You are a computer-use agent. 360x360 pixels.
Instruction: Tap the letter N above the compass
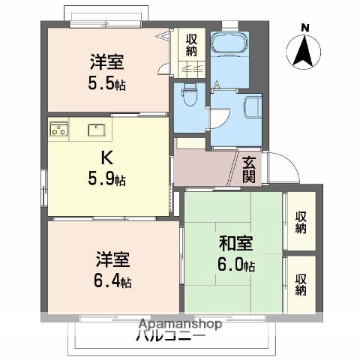click(x=304, y=28)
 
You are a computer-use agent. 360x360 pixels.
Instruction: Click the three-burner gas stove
click(x=59, y=130)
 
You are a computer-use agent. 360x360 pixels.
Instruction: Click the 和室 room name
click(x=235, y=244)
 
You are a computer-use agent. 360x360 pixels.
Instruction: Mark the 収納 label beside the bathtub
click(x=193, y=45)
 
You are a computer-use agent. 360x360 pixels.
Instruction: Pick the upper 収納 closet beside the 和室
click(x=301, y=221)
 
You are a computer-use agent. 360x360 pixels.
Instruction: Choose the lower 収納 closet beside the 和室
click(x=301, y=283)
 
